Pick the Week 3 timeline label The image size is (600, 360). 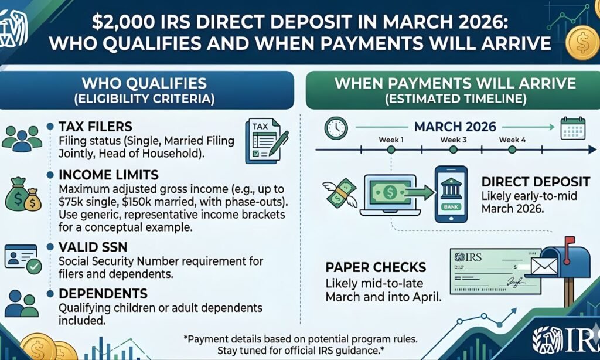tap(454, 140)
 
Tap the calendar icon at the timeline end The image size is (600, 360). tap(574, 127)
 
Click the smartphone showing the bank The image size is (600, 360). tap(450, 193)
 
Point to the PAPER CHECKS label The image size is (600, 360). tap(376, 268)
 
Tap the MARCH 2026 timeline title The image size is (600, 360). tap(455, 126)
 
